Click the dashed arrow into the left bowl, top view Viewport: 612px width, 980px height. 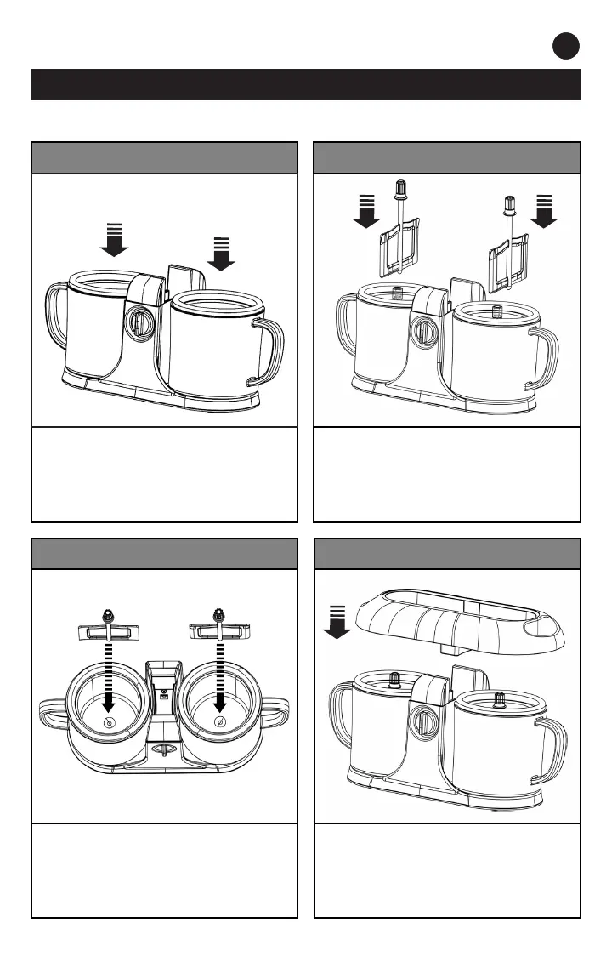tap(108, 681)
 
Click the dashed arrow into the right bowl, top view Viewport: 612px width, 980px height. tap(220, 681)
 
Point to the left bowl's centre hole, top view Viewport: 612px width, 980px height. tap(108, 722)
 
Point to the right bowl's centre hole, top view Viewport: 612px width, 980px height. tap(220, 722)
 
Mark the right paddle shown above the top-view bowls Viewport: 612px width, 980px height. tap(220, 630)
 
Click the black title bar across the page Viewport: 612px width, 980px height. tap(306, 84)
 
